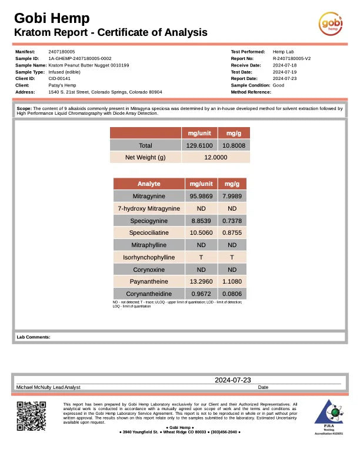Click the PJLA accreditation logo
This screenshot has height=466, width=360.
click(x=329, y=417)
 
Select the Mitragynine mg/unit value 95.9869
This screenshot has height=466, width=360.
click(x=201, y=196)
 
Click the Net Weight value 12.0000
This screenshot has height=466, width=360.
click(x=216, y=158)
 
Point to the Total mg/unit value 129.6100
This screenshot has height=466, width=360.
click(x=199, y=145)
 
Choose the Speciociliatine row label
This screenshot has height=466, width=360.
click(x=149, y=232)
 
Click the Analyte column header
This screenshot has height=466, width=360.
click(x=149, y=184)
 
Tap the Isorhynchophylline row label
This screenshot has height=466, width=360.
click(x=149, y=257)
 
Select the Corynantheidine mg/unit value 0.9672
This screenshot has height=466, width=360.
click(x=201, y=294)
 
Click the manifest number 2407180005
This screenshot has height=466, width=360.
click(x=62, y=52)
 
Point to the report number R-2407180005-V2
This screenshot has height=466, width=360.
click(x=292, y=59)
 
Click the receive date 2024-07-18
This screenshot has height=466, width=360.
click(x=285, y=65)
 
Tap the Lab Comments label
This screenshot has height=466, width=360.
click(x=34, y=337)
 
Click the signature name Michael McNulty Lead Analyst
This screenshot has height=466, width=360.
click(x=48, y=387)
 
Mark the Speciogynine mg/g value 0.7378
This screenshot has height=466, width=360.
click(x=232, y=221)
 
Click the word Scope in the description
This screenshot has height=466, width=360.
click(x=24, y=109)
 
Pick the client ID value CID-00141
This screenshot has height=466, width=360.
click(x=59, y=78)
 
